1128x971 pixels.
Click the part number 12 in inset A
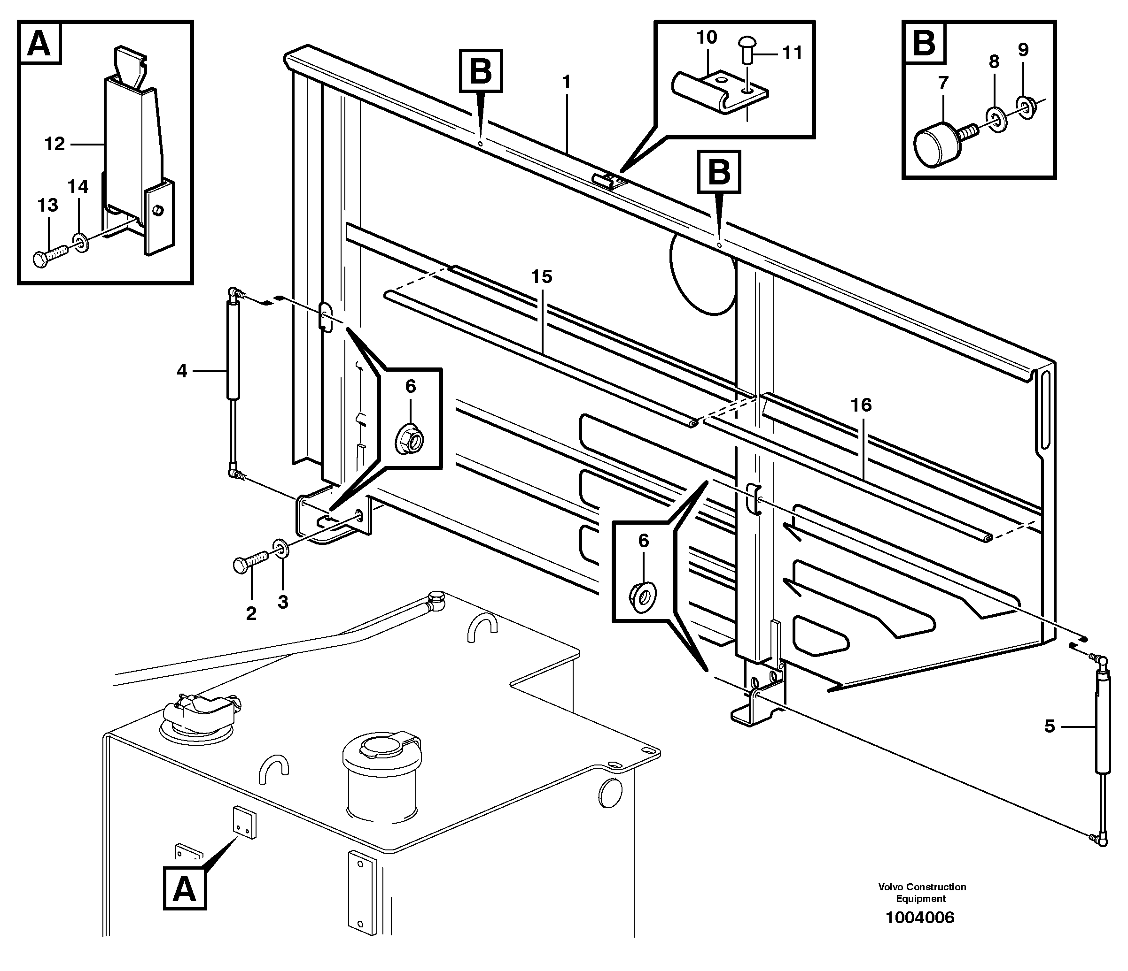tap(54, 144)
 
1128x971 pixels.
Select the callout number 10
tap(707, 38)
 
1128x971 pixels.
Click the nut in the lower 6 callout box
tap(644, 595)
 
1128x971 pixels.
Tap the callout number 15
tap(542, 277)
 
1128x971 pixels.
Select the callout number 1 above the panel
tap(566, 83)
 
